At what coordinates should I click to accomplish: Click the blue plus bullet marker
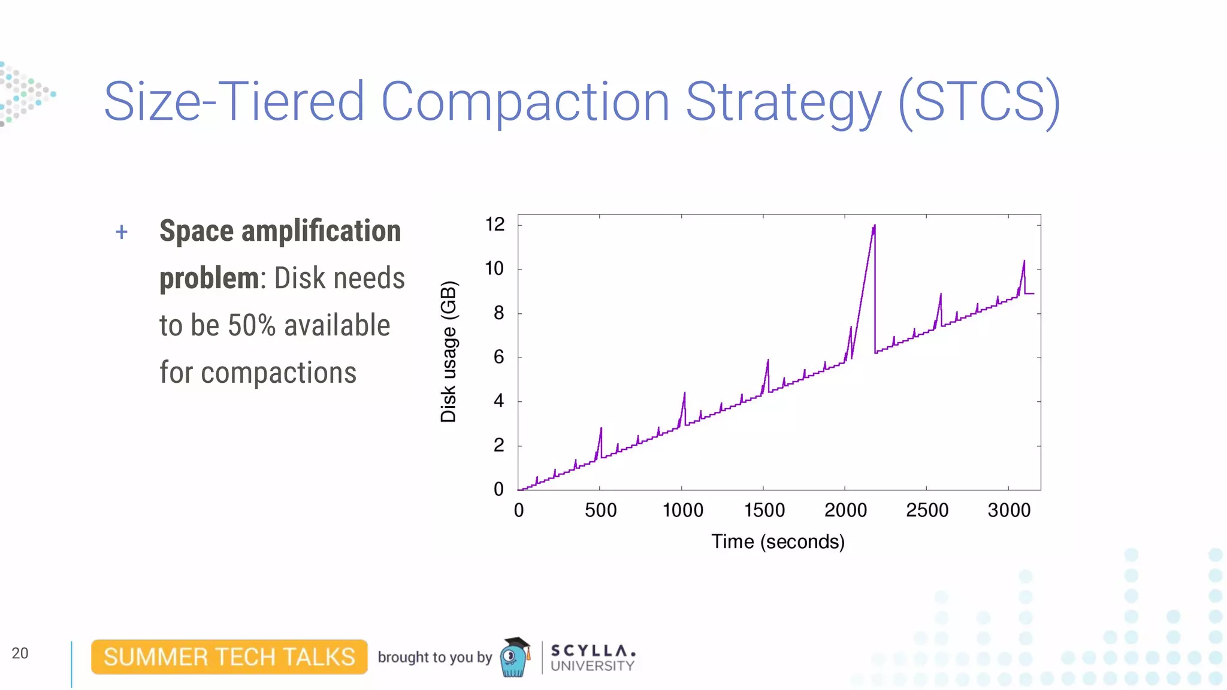122,232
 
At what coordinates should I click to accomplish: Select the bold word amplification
321,231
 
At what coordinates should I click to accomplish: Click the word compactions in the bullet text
279,373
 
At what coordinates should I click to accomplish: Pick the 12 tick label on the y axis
495,225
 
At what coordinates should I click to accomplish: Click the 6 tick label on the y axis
498,358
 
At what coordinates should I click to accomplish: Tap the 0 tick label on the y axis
498,489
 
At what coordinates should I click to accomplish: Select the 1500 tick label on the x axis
764,510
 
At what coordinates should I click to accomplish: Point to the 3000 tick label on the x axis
1009,510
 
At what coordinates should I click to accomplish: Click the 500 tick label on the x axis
600,510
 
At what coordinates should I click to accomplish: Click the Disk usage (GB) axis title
448,352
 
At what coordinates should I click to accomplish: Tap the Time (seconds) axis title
778,541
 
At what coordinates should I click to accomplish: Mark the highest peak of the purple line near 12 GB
874,226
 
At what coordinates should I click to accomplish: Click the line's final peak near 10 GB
1024,262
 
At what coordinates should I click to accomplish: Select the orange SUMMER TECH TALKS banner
229,657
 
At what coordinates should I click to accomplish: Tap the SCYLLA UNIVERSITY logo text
592,658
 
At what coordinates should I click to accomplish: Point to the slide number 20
20,653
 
